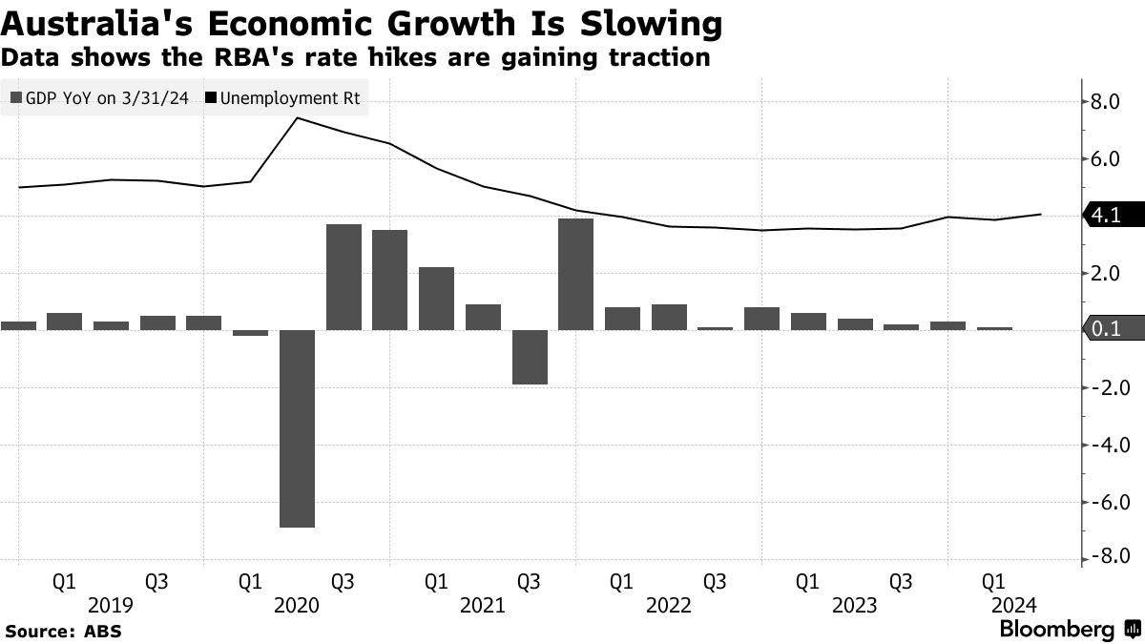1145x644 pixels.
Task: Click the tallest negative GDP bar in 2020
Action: point(297,428)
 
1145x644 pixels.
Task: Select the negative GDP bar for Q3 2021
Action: point(530,357)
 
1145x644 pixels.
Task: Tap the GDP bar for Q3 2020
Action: point(343,277)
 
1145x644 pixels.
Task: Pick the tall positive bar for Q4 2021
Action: point(576,274)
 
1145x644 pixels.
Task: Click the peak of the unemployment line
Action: point(298,118)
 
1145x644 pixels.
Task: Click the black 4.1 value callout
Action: point(1109,217)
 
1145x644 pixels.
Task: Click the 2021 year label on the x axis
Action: point(482,605)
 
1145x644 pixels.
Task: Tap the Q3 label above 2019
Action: point(157,581)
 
